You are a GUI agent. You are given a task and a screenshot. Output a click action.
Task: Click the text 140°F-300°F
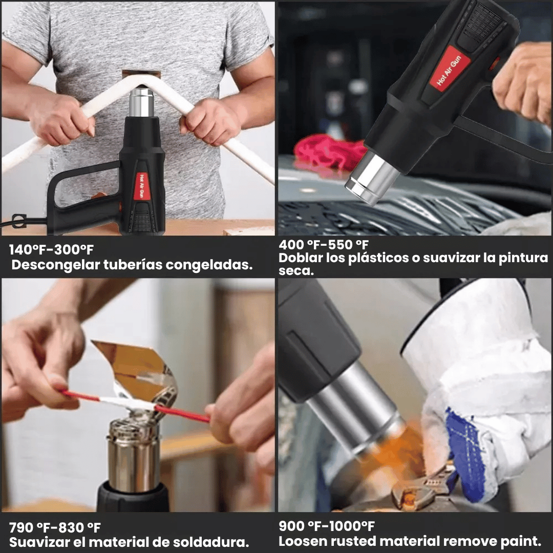pyautogui.click(x=52, y=250)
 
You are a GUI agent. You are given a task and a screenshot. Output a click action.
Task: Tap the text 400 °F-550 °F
pyautogui.click(x=324, y=244)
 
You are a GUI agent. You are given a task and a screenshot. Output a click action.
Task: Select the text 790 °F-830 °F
pyautogui.click(x=55, y=527)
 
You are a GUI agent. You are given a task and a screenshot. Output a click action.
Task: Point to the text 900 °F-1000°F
pyautogui.click(x=327, y=526)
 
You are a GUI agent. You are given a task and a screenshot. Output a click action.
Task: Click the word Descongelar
pyautogui.click(x=56, y=265)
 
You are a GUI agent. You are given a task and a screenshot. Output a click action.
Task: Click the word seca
pyautogui.click(x=296, y=271)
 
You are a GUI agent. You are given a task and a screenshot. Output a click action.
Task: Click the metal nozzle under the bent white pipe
pyautogui.click(x=141, y=102)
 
